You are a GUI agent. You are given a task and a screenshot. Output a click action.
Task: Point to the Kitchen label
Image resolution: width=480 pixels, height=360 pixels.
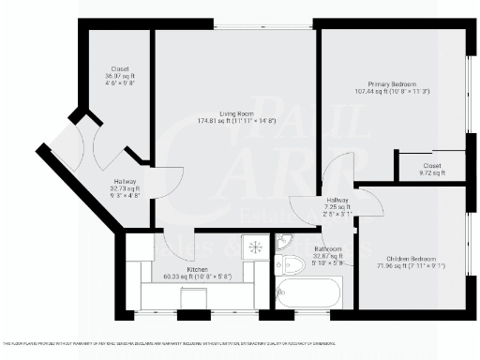197,270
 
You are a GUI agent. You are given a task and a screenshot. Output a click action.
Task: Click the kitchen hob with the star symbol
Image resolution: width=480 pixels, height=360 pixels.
253,247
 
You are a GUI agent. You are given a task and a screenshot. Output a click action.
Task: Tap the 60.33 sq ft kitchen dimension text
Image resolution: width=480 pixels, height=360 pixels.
197,277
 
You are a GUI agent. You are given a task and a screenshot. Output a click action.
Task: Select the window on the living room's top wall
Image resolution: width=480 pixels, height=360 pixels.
234,24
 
